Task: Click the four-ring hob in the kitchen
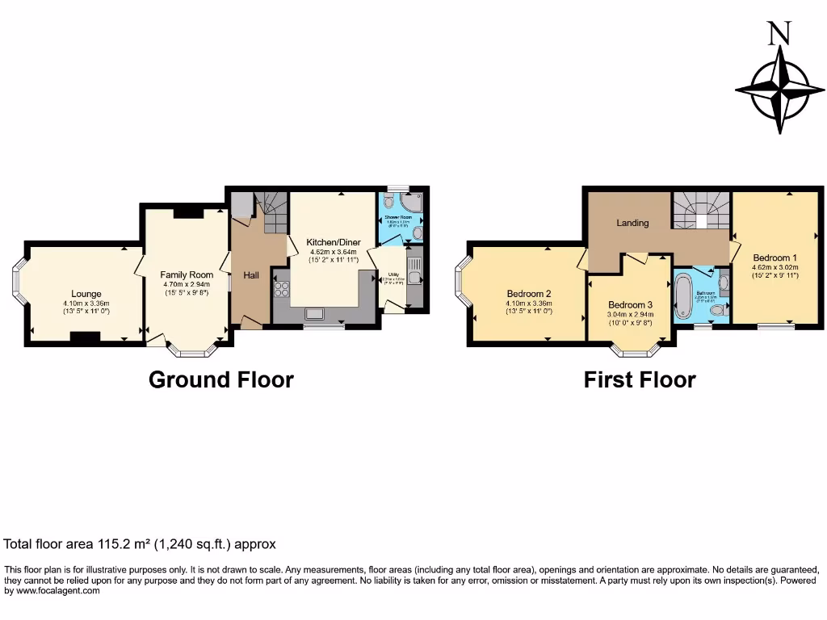[282, 289]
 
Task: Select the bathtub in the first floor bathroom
[682, 296]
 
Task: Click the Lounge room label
[86, 294]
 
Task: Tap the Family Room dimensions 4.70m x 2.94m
[187, 284]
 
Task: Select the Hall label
[251, 276]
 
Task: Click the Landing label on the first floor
[632, 223]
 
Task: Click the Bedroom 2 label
[529, 293]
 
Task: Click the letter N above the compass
[779, 33]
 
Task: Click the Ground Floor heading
[220, 379]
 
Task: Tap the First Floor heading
[640, 379]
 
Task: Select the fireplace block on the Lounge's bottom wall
[85, 337]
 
